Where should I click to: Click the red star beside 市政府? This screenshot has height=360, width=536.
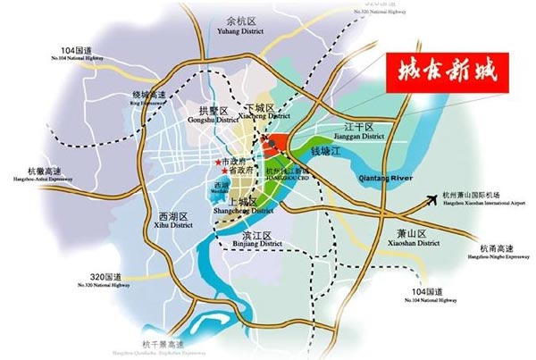click(218, 162)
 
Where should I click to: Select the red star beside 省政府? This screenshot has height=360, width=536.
click(223, 171)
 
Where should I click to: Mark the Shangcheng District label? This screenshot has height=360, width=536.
click(243, 206)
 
